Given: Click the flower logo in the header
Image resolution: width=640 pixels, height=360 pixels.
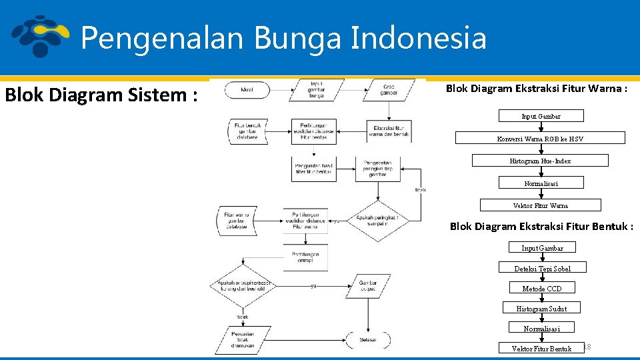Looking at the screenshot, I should click(41, 36).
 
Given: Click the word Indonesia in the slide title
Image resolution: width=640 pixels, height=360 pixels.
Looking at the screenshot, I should click(418, 37).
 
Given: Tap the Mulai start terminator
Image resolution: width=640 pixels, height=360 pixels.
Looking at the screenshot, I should click(247, 89).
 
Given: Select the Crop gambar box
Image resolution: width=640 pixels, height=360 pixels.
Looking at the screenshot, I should click(389, 90).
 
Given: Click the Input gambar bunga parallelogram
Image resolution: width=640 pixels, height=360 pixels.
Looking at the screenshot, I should click(317, 90).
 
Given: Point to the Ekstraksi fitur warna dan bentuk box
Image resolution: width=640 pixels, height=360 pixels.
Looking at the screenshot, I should click(389, 131).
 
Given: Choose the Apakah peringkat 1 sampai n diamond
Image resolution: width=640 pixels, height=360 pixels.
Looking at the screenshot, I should click(378, 221).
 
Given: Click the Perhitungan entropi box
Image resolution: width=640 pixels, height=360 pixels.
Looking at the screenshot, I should click(305, 257).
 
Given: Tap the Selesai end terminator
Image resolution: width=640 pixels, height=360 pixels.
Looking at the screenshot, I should click(367, 339).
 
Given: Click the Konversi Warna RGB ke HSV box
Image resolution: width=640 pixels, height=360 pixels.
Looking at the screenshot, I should click(540, 139).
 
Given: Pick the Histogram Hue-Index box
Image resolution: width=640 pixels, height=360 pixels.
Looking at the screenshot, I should click(540, 161).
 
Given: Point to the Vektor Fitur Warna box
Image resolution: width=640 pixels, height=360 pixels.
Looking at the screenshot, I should click(540, 205).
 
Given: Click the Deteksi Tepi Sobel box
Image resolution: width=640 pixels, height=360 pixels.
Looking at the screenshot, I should click(541, 268).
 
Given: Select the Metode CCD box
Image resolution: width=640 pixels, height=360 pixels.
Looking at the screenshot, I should click(541, 288).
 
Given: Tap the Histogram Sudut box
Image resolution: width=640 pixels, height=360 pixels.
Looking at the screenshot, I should click(541, 308).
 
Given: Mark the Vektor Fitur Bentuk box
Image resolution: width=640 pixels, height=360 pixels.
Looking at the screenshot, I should click(541, 348).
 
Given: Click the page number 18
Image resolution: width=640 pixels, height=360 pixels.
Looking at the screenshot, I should click(587, 347).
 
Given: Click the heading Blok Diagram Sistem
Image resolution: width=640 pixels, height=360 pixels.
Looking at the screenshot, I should click(101, 95).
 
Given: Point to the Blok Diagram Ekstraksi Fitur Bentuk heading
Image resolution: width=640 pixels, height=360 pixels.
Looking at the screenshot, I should click(541, 227).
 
